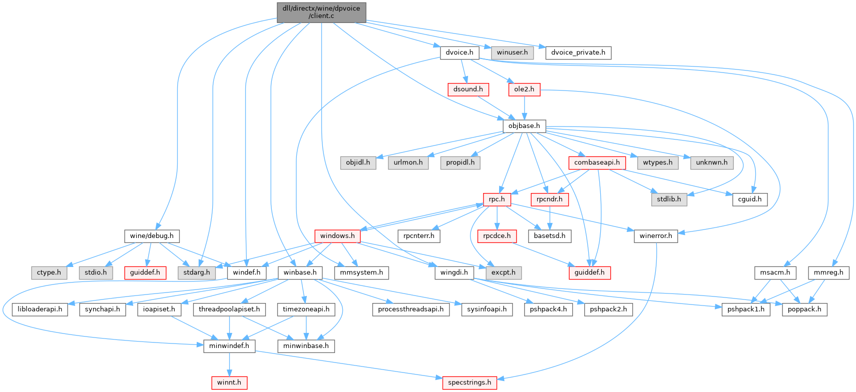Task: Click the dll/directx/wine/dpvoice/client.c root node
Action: [x=321, y=12]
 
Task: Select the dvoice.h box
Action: [x=460, y=52]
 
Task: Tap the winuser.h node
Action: [x=512, y=52]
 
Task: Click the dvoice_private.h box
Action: [x=578, y=52]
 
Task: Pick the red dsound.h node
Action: [x=468, y=89]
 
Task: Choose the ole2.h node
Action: [x=524, y=89]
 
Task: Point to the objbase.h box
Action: [x=524, y=126]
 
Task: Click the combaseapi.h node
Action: [x=597, y=162]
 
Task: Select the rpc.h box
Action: [x=497, y=199]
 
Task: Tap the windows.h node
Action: [x=337, y=236]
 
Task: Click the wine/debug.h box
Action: [x=152, y=236]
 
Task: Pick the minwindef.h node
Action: [x=229, y=346]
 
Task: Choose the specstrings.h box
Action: [x=470, y=383]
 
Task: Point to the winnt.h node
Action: [x=229, y=383]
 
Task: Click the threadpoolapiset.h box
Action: [x=229, y=309]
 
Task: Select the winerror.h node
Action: [x=656, y=236]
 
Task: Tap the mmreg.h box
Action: [x=828, y=273]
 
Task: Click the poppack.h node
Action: [x=804, y=309]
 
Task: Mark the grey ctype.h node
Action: [x=49, y=273]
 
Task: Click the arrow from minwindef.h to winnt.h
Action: [x=229, y=364]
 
